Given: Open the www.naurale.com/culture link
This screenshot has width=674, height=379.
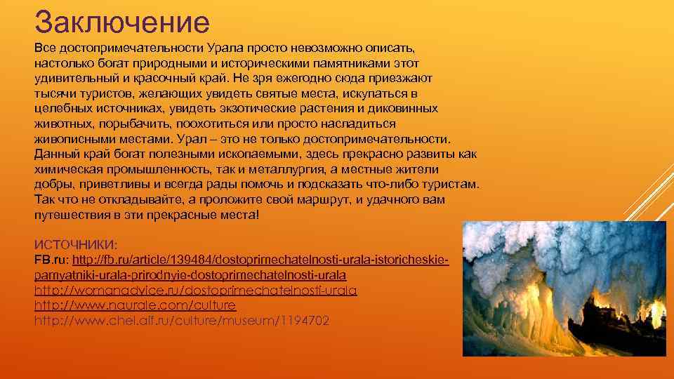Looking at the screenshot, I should (x=135, y=306).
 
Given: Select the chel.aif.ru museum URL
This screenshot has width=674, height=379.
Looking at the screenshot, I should (x=181, y=321).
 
